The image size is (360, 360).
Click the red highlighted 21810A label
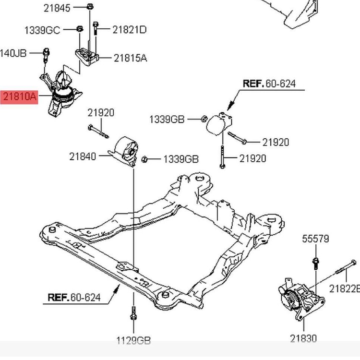coord(19,97)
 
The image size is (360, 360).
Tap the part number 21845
coord(57,8)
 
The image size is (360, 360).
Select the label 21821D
coord(130,30)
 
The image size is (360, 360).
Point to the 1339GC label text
coord(42,30)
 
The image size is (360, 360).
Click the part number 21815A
coord(130,58)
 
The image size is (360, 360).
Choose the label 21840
coord(82,156)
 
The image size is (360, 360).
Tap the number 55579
coord(315,239)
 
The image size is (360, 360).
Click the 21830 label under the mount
coord(303,338)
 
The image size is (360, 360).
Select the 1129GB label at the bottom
coord(133,340)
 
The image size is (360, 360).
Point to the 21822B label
coord(344,288)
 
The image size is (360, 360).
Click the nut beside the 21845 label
coord(90,7)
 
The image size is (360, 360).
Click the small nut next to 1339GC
coord(80,30)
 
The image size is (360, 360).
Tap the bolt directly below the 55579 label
coord(315,263)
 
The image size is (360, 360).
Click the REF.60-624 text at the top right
coord(269,84)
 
